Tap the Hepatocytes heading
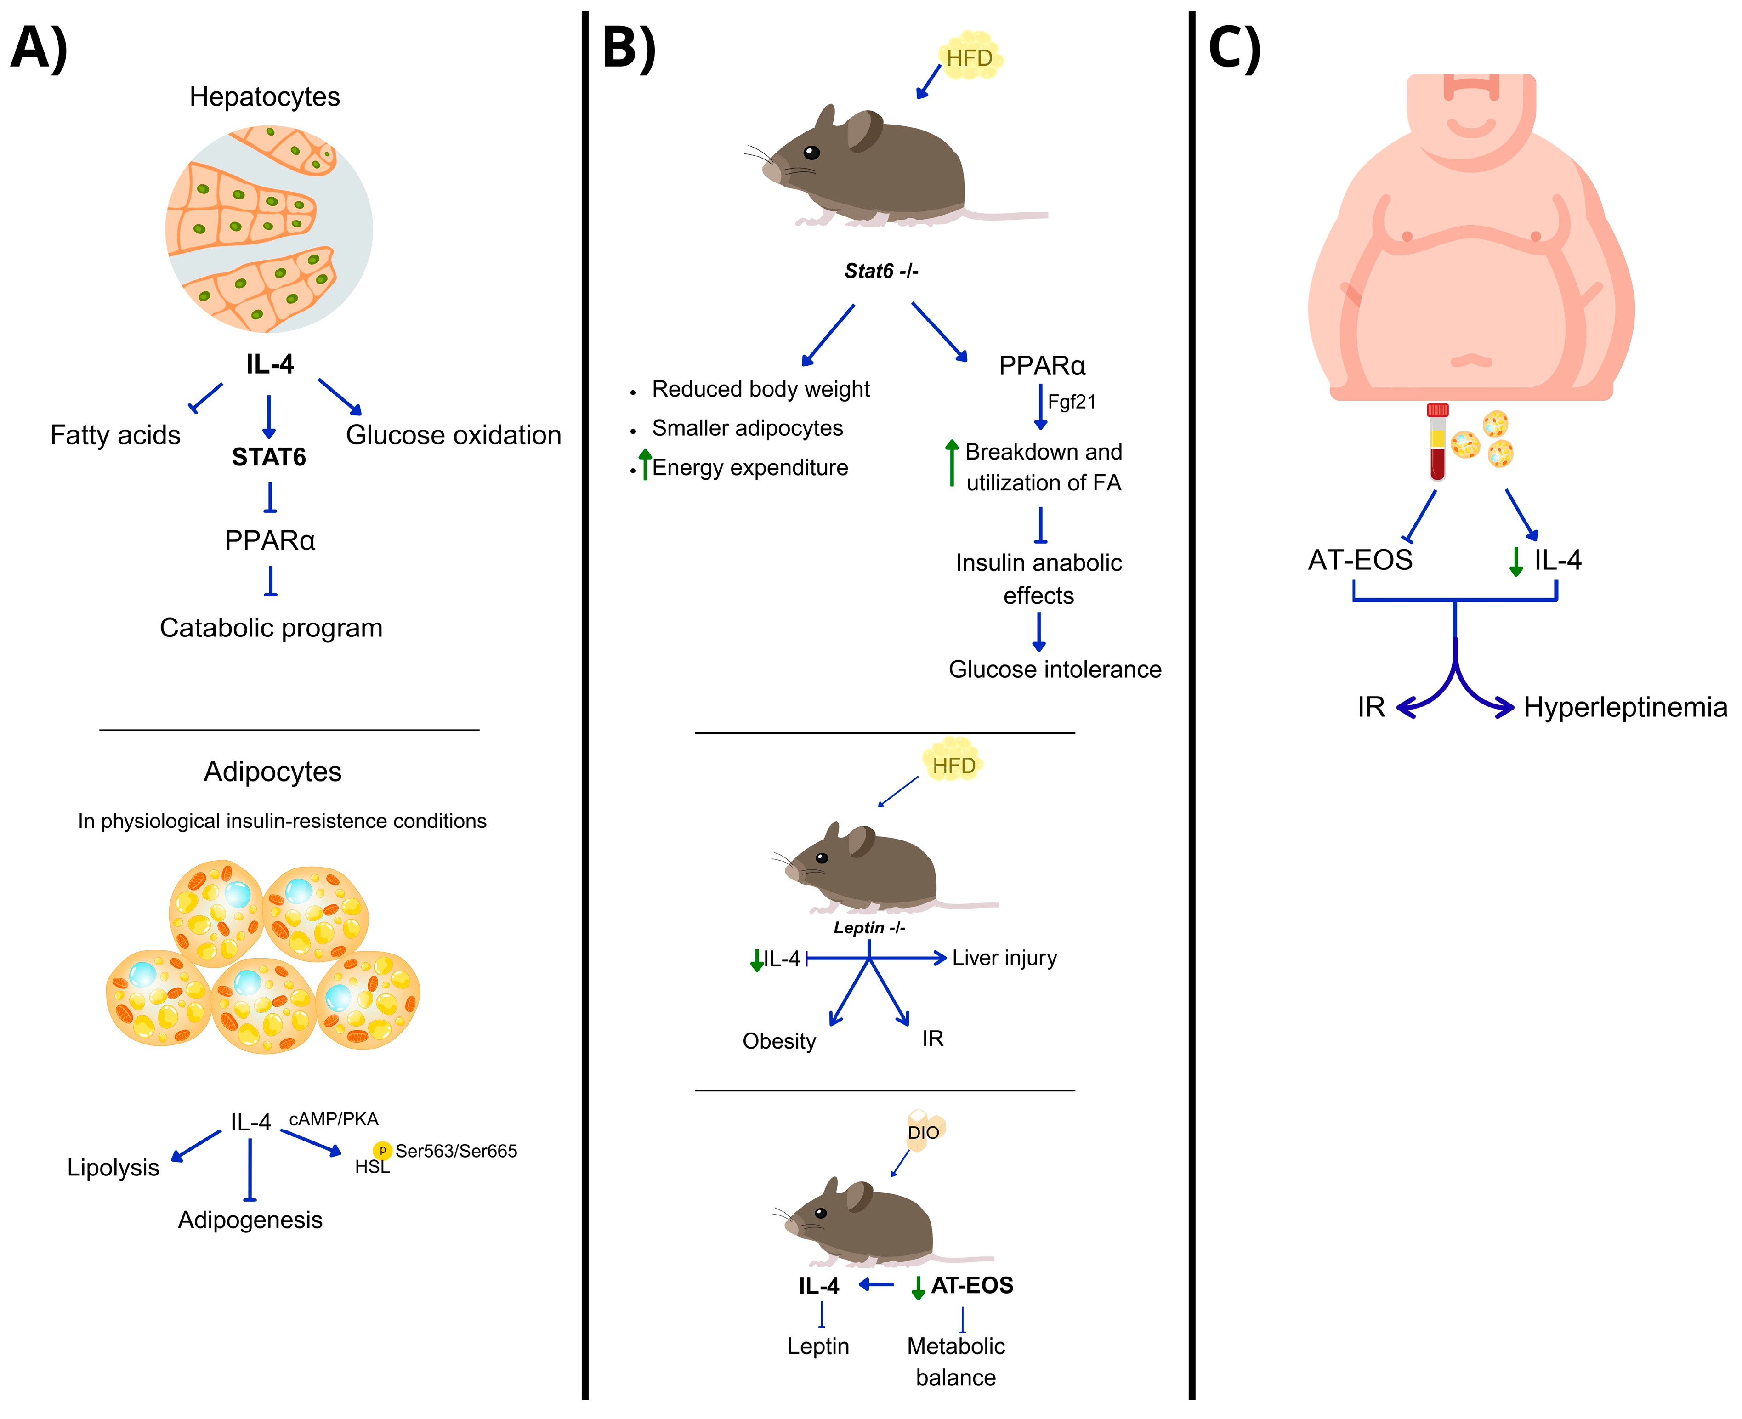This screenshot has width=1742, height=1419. pyautogui.click(x=264, y=96)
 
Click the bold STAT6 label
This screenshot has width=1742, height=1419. pyautogui.click(x=268, y=457)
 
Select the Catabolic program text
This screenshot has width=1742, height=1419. pyautogui.click(x=271, y=628)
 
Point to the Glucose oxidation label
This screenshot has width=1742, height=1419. pyautogui.click(x=453, y=435)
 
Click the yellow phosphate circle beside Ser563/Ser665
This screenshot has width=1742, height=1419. pyautogui.click(x=382, y=1150)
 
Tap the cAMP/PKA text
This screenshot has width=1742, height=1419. pyautogui.click(x=334, y=1119)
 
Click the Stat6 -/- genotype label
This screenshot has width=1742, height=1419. pyautogui.click(x=881, y=271)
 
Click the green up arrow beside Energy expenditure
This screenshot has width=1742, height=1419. pyautogui.click(x=645, y=464)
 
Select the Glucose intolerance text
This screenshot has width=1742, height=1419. pyautogui.click(x=1055, y=670)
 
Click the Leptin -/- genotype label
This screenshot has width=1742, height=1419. pyautogui.click(x=869, y=928)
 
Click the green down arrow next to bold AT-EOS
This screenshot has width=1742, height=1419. pyautogui.click(x=918, y=1288)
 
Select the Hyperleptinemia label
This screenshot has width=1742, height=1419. pyautogui.click(x=1625, y=707)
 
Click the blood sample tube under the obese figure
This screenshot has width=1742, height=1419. pyautogui.click(x=1437, y=442)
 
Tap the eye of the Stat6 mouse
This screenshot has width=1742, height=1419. pyautogui.click(x=811, y=152)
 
